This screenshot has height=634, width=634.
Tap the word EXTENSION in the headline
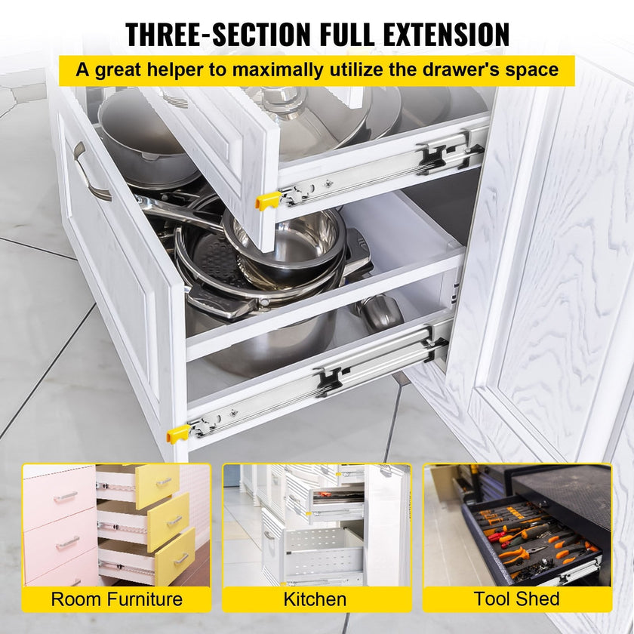coord(446,35)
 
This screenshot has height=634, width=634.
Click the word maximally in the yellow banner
coord(277,70)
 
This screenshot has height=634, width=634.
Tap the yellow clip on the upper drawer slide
coord(267,200)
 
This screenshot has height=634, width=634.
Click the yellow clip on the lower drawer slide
coord(178,434)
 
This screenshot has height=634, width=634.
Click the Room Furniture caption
coord(116,599)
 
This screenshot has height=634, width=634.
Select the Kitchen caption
coord(315,599)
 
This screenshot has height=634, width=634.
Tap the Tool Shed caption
coord(517,599)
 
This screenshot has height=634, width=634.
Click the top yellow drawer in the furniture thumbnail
coord(157,486)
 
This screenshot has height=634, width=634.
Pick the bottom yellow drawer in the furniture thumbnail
coord(175,556)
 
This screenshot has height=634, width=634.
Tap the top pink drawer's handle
coord(65,497)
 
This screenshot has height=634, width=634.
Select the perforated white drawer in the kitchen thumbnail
coord(325,552)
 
